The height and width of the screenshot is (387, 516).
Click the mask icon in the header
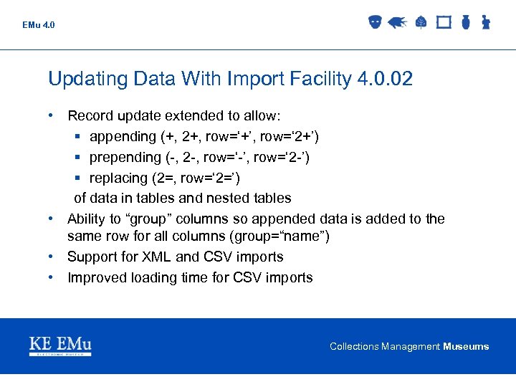[374, 23]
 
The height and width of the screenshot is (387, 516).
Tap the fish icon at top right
[397, 23]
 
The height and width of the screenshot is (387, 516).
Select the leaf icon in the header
[421, 23]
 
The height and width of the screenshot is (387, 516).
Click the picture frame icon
[444, 23]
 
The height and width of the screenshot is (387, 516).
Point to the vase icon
[465, 23]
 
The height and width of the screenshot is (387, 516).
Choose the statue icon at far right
[485, 23]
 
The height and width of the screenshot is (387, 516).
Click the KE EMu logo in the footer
[60, 345]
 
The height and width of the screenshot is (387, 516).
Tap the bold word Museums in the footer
[466, 347]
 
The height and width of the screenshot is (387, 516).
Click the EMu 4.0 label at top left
[38, 25]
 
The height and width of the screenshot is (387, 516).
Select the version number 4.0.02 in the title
[384, 79]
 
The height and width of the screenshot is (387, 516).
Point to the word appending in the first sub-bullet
[122, 136]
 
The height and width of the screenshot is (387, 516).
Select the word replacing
[118, 178]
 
